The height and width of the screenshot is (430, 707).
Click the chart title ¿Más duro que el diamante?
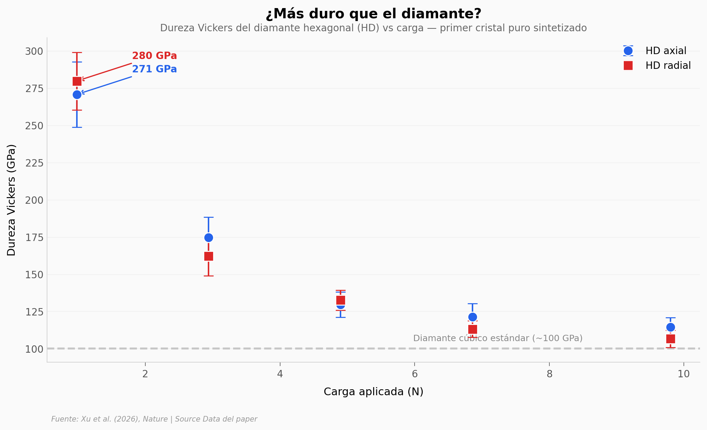point(373,14)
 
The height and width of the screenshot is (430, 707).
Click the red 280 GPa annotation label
point(154,56)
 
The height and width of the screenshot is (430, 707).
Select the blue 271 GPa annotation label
point(154,69)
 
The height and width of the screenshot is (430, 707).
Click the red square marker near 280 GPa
point(77,81)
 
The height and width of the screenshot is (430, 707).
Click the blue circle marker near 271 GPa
point(77,95)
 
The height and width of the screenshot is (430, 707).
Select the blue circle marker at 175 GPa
point(209,238)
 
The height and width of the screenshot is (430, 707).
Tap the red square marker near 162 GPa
point(209,256)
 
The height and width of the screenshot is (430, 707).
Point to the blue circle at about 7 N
point(473,317)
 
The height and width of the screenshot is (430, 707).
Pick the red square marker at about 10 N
point(670,339)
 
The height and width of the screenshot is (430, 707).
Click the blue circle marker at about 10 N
point(670,327)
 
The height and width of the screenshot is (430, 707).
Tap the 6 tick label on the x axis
point(415,374)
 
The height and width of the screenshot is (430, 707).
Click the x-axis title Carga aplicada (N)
point(373,392)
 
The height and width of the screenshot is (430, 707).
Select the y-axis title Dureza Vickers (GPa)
point(12,200)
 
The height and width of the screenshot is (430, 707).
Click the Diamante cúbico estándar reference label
point(497,338)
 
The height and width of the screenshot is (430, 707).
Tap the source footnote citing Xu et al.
point(154,419)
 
